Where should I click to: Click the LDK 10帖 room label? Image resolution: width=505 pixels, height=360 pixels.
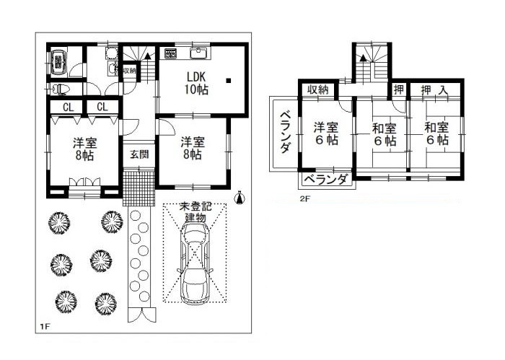tap(196, 83)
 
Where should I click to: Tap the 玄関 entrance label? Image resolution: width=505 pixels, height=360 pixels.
tap(139, 154)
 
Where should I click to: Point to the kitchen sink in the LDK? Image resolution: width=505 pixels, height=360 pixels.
tap(200, 53)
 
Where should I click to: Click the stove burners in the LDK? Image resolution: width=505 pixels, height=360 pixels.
tap(170, 53)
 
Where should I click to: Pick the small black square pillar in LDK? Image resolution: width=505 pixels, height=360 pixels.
tap(229, 81)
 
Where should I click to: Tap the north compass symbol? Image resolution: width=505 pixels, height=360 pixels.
tap(240, 198)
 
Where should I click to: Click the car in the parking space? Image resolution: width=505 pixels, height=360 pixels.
tap(196, 263)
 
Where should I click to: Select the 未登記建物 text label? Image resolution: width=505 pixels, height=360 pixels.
tap(196, 212)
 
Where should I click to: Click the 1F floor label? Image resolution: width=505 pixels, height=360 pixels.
tap(44, 327)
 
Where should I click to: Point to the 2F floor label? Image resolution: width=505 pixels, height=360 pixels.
tap(304, 198)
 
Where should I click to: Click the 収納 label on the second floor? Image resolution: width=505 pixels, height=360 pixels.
tap(317, 89)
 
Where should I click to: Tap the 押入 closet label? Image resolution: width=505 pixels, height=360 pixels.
tap(434, 90)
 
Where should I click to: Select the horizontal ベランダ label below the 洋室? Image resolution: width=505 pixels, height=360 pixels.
tap(326, 180)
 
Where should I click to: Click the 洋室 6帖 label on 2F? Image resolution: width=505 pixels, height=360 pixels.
tap(326, 133)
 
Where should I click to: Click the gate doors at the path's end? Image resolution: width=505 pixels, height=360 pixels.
tap(141, 315)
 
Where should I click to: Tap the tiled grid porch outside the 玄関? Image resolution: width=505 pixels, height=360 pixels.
tap(139, 188)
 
